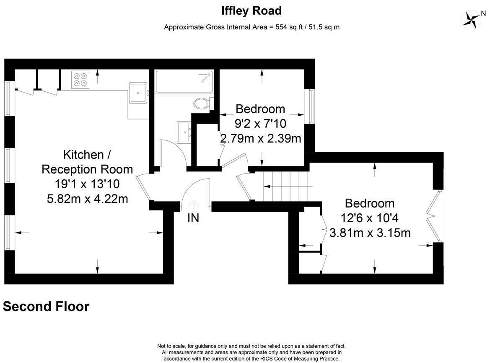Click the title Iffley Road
click(x=251, y=11)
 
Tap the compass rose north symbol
click(x=471, y=20)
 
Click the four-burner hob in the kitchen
click(x=80, y=80)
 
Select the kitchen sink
click(x=138, y=93)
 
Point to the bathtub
click(x=184, y=82)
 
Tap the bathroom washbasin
click(x=184, y=132)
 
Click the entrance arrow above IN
click(x=193, y=205)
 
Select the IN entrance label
click(x=193, y=218)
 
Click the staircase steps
click(x=286, y=187)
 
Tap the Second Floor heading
click(x=46, y=306)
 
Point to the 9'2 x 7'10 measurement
click(x=260, y=124)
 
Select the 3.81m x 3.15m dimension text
click(x=370, y=233)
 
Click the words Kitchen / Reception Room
click(x=87, y=162)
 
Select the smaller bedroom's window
click(x=311, y=106)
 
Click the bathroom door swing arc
click(x=177, y=150)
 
